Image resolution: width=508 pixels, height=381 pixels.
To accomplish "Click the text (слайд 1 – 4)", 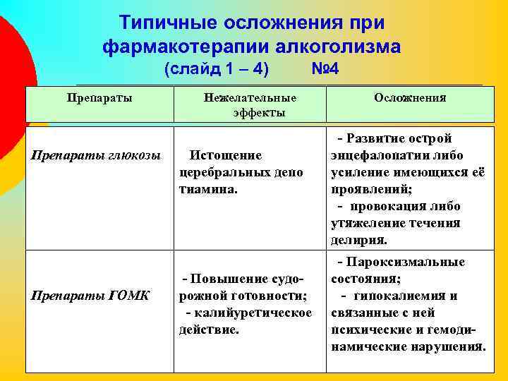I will pos(216,71).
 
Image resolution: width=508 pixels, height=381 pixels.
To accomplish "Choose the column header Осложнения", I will pos(410,99).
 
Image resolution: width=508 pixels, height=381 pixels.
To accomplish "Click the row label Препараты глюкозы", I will pos(96,155).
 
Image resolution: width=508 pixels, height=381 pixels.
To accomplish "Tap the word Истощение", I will pos(226,155).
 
